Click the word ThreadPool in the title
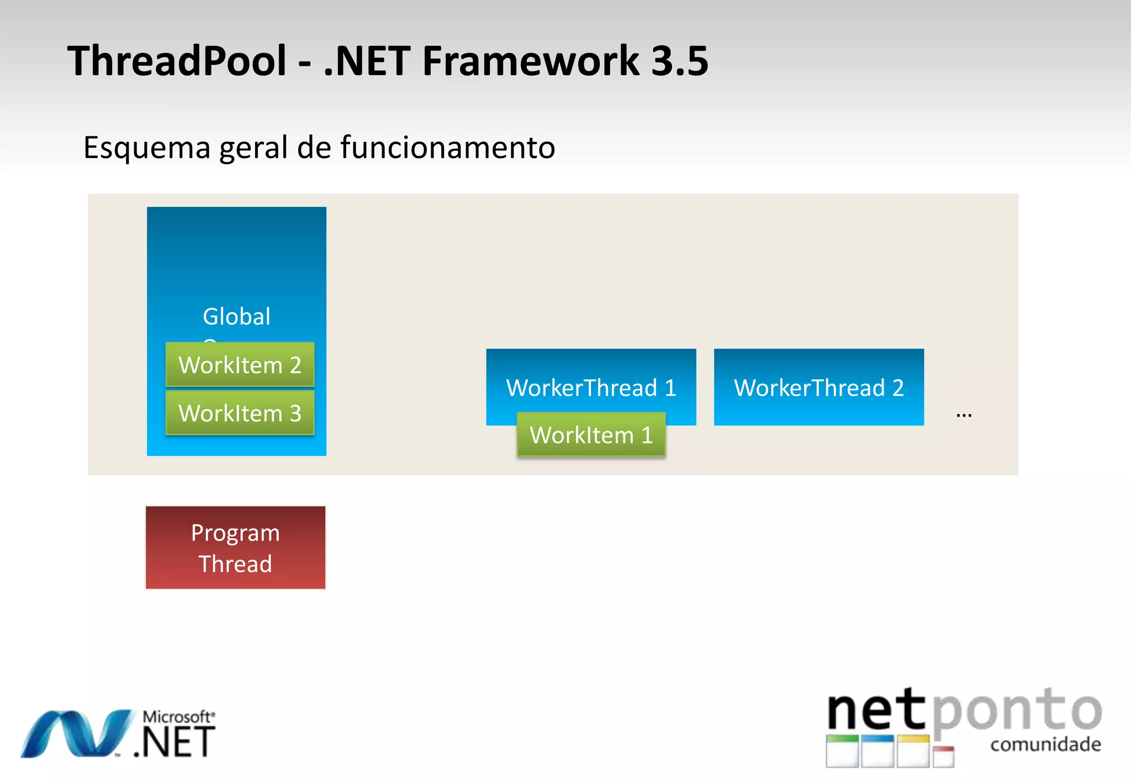coord(177,61)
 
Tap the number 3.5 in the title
coord(679,61)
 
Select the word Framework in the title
coord(530,61)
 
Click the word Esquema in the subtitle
coord(147,148)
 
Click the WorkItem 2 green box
coord(240,364)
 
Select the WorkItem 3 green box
coord(240,413)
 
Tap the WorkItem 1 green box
coord(591,435)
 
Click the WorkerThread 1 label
coord(591,387)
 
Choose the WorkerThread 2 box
coord(818,387)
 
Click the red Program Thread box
coord(235,548)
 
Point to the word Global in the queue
coord(236,316)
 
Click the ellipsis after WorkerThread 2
coord(964,415)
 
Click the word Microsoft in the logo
coord(177,717)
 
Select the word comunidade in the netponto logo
coord(1045,744)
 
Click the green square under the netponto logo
coord(842,751)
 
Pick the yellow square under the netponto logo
coord(913,751)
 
